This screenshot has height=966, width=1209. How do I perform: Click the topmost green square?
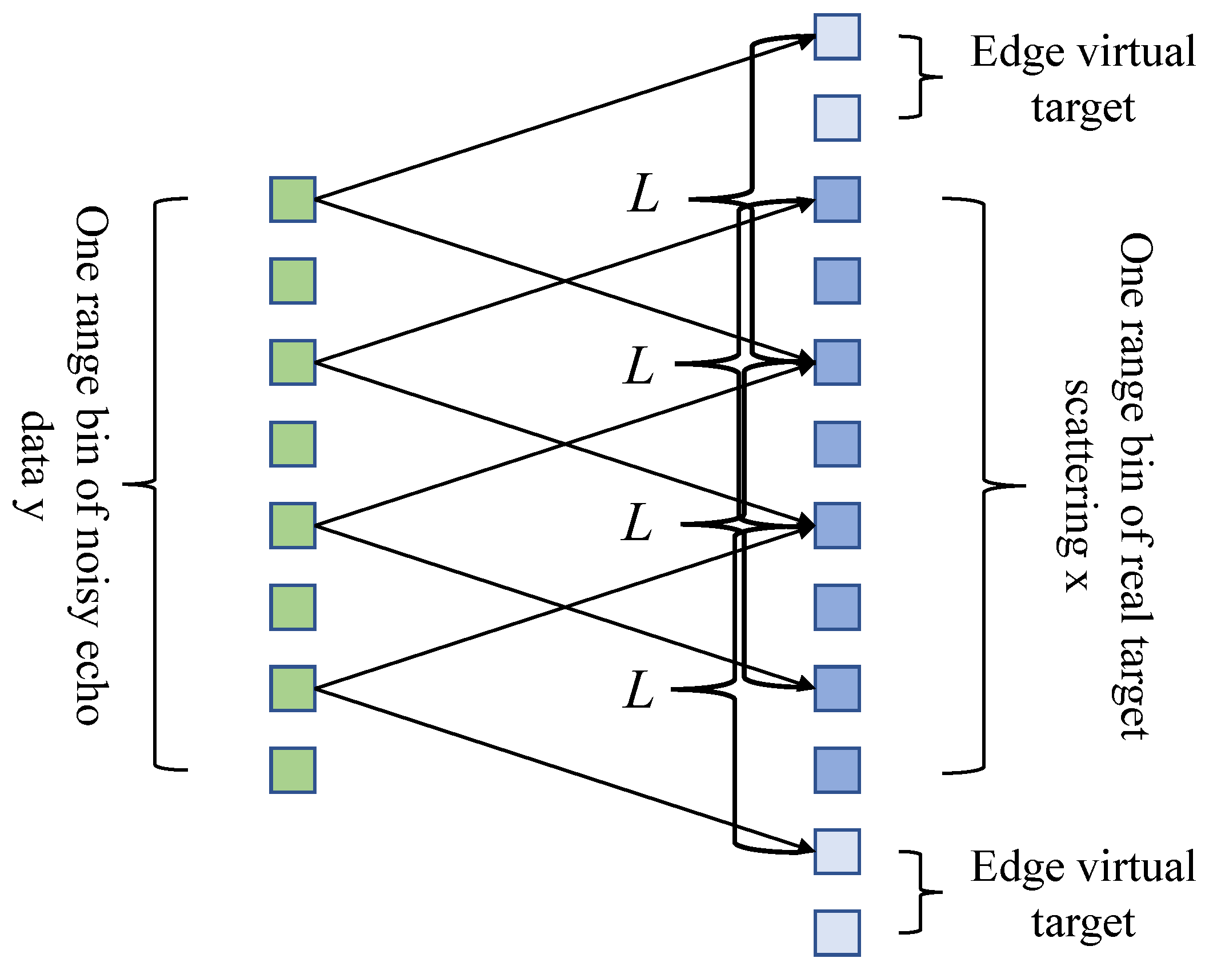pyautogui.click(x=293, y=199)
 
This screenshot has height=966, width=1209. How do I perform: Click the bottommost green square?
pyautogui.click(x=293, y=770)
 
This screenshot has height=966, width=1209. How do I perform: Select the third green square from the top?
pyautogui.click(x=293, y=362)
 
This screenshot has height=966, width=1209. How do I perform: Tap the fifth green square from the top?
pyautogui.click(x=293, y=525)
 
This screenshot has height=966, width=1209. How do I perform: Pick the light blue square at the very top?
pyautogui.click(x=837, y=37)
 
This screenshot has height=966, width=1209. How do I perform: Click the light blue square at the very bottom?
pyautogui.click(x=837, y=933)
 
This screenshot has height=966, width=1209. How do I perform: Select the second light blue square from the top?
pyautogui.click(x=837, y=118)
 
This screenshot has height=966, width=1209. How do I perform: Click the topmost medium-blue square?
pyautogui.click(x=837, y=199)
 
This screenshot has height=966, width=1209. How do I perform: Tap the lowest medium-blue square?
pyautogui.click(x=837, y=770)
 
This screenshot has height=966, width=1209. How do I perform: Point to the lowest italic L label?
pyautogui.click(x=639, y=689)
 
